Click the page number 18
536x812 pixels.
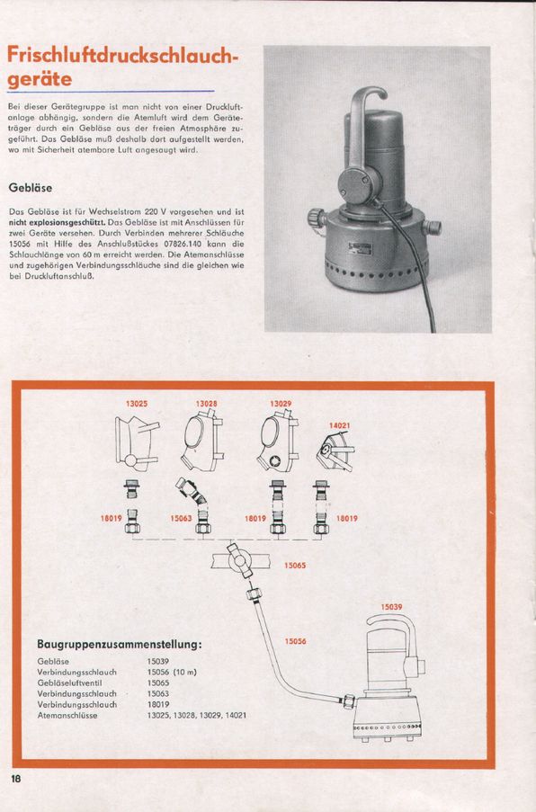click(x=15, y=779)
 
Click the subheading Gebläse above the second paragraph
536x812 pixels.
click(x=30, y=188)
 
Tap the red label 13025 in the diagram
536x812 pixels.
click(x=137, y=404)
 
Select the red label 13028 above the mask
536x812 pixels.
click(x=206, y=404)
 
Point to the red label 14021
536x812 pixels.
click(x=339, y=425)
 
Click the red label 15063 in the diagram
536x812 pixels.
click(x=182, y=518)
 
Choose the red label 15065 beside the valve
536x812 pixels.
click(x=295, y=566)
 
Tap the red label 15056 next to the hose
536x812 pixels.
click(x=295, y=641)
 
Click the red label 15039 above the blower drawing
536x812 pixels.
click(x=392, y=607)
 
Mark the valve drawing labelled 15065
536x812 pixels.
click(x=239, y=560)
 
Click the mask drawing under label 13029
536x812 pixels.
click(x=278, y=441)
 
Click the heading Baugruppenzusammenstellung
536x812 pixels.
click(x=119, y=645)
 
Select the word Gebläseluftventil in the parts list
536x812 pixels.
click(x=69, y=683)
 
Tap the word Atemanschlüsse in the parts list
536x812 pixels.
click(x=67, y=715)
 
